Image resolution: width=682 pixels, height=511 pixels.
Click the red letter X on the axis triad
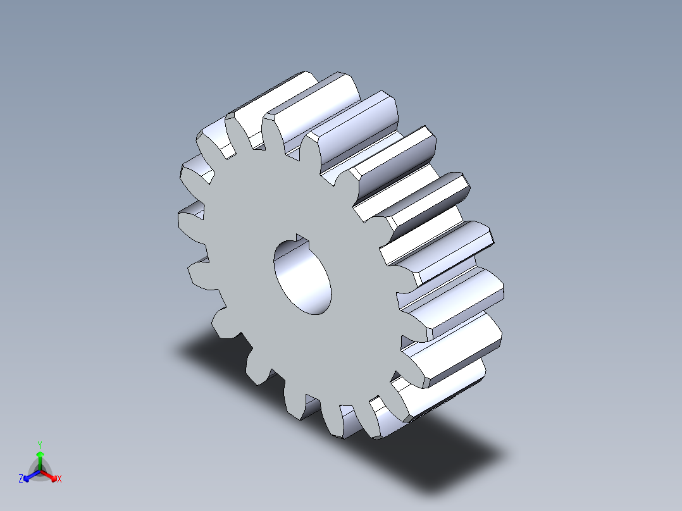59,479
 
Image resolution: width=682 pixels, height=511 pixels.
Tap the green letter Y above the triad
39,445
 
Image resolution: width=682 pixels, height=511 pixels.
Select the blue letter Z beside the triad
21,479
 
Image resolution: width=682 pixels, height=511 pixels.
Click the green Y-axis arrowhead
39,454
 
